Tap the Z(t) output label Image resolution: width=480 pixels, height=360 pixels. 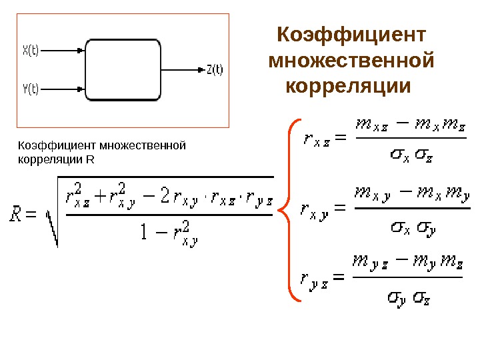pos(215,69)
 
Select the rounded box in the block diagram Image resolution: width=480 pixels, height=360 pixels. pos(123,69)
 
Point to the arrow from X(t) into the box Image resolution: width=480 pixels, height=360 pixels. pos(63,49)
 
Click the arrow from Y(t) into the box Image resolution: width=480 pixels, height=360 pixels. pos(63,88)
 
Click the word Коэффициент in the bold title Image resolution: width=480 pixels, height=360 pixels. pos(351,34)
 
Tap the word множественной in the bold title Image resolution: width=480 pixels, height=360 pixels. pos(351,61)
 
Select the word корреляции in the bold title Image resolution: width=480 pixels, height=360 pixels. pos(346,87)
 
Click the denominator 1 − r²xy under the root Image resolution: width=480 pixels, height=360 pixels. pos(169,233)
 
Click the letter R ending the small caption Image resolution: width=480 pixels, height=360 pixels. pos(91,161)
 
